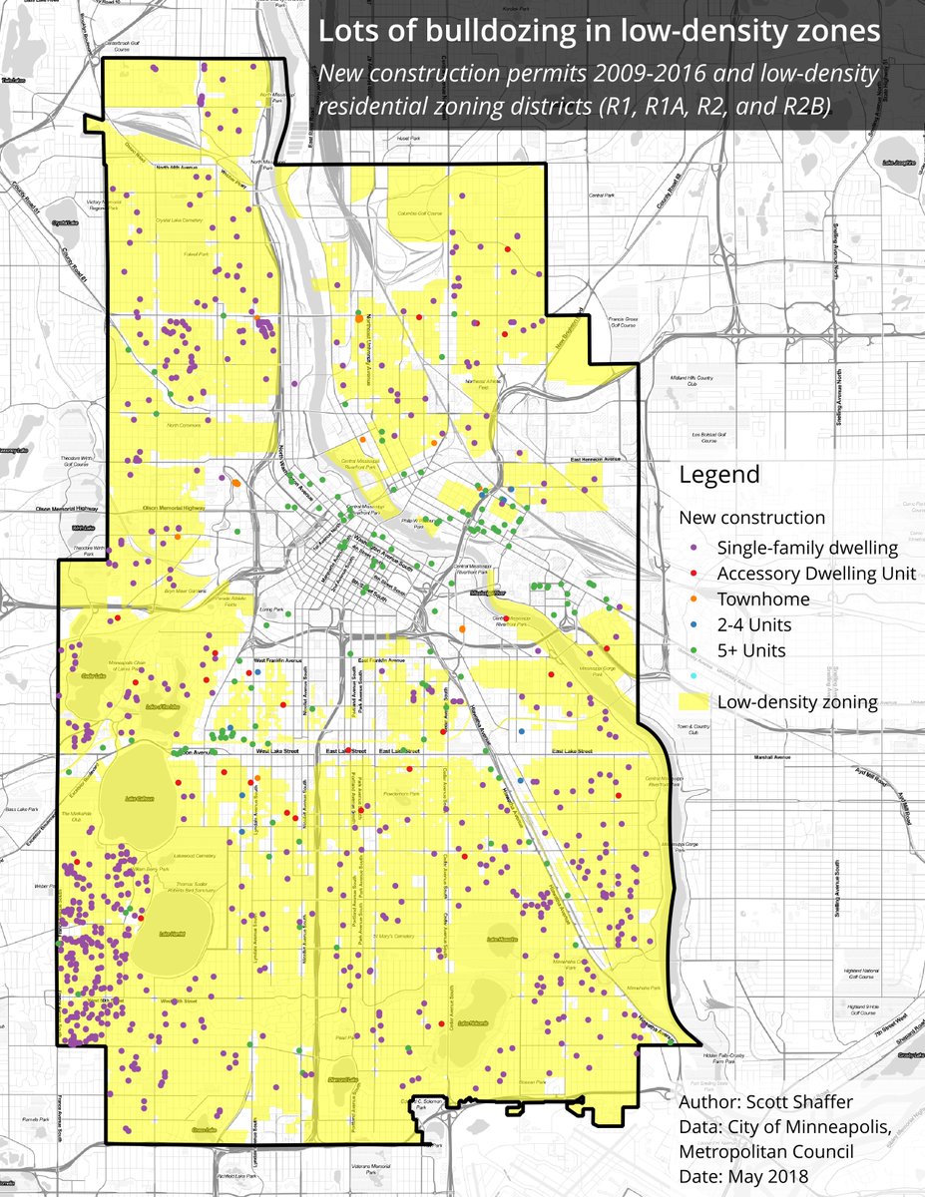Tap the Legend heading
pyautogui.click(x=718, y=474)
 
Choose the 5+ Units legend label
pyautogui.click(x=751, y=651)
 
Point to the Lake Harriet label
pyautogui.click(x=173, y=935)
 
